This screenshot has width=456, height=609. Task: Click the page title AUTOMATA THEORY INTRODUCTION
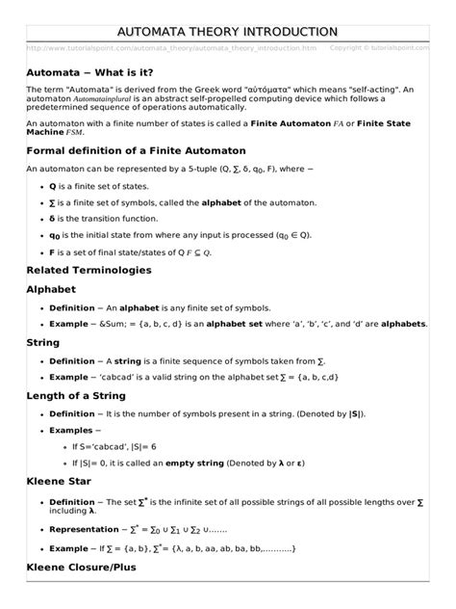[x=227, y=32]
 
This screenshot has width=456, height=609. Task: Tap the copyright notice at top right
[x=380, y=47]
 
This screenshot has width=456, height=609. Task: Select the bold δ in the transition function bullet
[x=52, y=217]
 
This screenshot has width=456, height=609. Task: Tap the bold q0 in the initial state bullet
[x=55, y=233]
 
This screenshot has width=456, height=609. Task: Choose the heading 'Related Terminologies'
[x=89, y=270]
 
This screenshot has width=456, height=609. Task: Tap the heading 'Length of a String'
[x=85, y=395]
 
